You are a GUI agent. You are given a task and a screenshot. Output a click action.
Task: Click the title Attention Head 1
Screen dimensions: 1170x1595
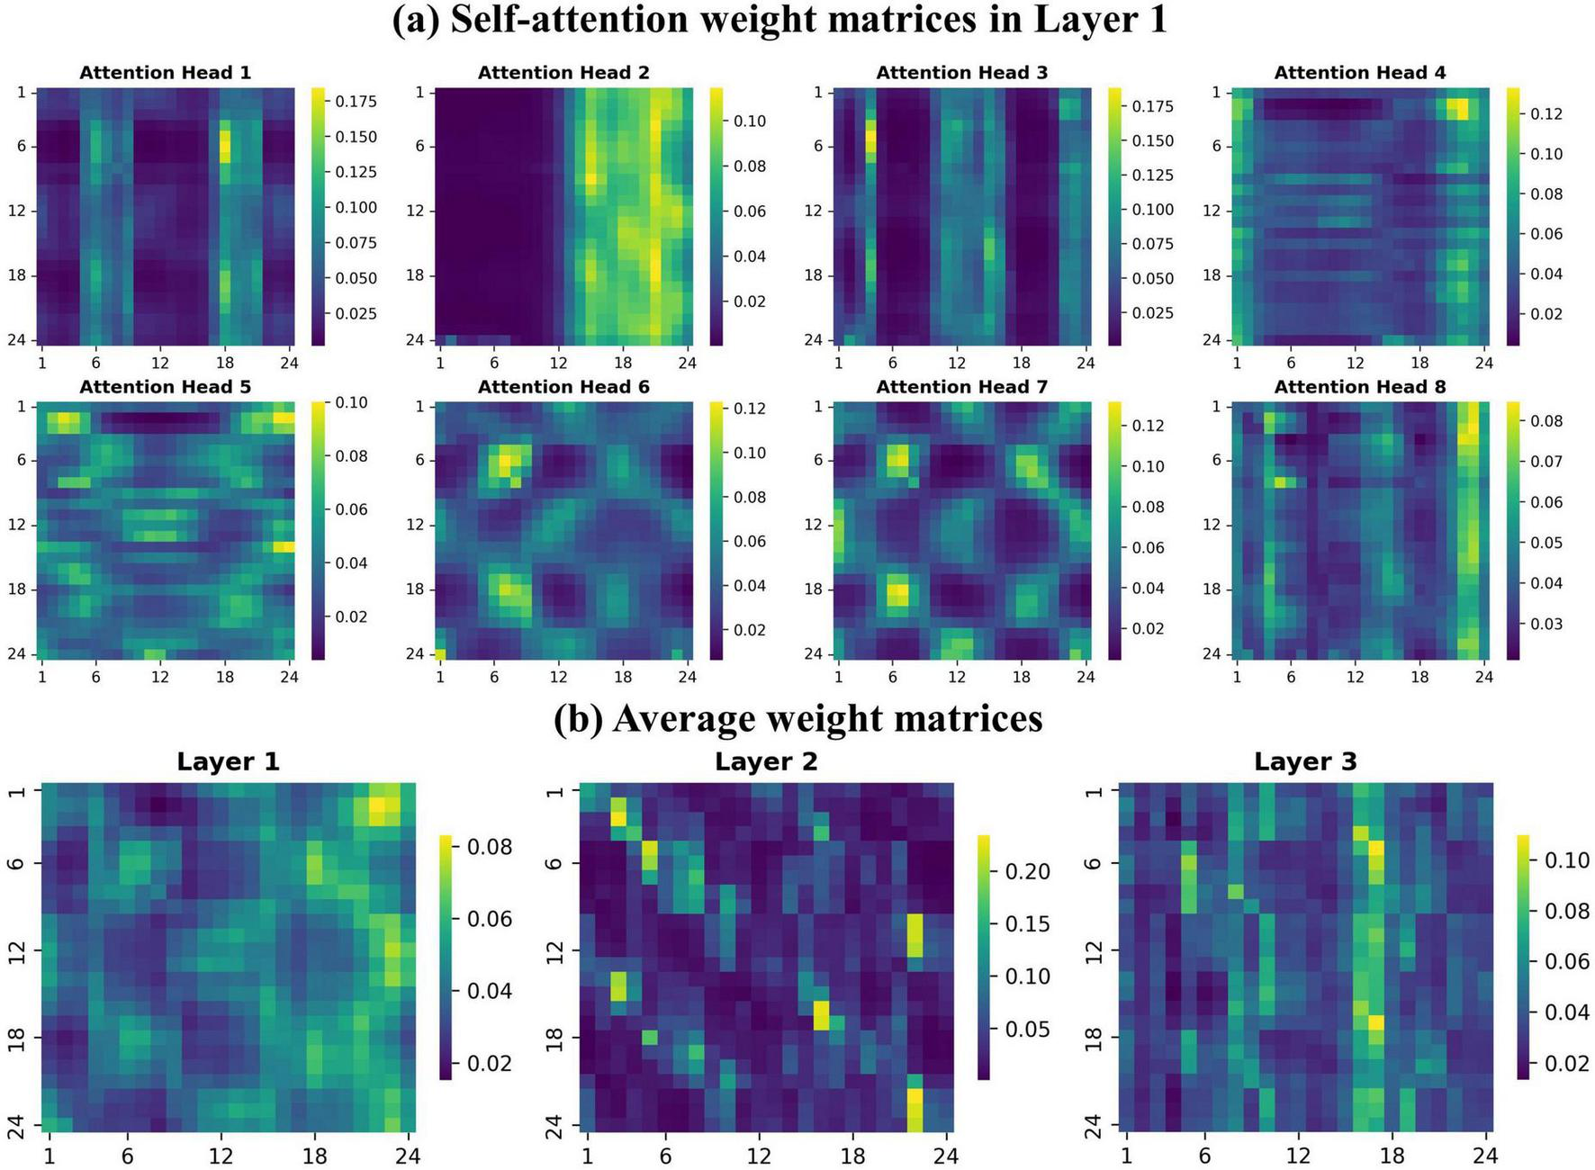pyautogui.click(x=165, y=73)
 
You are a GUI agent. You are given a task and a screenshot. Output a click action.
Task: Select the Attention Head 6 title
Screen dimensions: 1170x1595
pyautogui.click(x=563, y=387)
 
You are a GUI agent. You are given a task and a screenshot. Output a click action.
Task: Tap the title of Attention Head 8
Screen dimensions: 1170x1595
pyautogui.click(x=1360, y=387)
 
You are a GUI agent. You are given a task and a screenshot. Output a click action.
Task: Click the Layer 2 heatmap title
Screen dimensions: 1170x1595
pyautogui.click(x=766, y=762)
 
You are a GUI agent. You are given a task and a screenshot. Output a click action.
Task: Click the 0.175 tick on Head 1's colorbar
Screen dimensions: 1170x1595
pyautogui.click(x=356, y=102)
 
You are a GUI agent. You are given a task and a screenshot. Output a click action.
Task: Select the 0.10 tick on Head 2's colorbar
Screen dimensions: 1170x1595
pyautogui.click(x=748, y=121)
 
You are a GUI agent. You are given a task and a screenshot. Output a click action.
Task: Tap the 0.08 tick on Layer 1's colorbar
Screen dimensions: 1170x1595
pyautogui.click(x=489, y=847)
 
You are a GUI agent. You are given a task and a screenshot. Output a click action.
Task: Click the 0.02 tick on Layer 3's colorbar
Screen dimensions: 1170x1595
pyautogui.click(x=1567, y=1063)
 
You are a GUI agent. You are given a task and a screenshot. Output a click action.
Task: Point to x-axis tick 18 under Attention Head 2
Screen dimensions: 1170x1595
pyautogui.click(x=623, y=364)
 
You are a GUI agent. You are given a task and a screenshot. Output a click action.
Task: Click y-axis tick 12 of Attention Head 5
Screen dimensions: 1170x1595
pyautogui.click(x=17, y=525)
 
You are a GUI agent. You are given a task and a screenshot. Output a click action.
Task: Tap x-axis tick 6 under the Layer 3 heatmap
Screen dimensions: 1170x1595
pyautogui.click(x=1204, y=1156)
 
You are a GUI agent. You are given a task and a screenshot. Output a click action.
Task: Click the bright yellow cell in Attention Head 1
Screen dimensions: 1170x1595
pyautogui.click(x=225, y=146)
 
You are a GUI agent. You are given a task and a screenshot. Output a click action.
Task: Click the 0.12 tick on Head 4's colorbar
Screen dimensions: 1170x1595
pyautogui.click(x=1545, y=113)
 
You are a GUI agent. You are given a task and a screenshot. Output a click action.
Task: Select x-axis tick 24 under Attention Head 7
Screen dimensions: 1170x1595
pyautogui.click(x=1085, y=677)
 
